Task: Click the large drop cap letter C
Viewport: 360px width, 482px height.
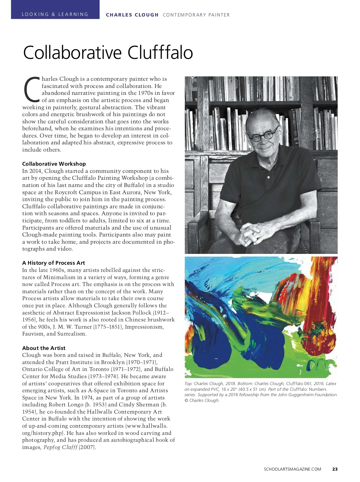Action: tap(31, 89)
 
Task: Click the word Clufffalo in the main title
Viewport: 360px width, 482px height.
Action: tap(160, 53)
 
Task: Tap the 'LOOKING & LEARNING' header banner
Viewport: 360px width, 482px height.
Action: tap(55, 14)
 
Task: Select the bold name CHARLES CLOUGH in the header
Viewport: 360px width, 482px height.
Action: tap(132, 15)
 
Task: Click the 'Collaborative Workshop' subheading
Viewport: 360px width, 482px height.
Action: tap(54, 164)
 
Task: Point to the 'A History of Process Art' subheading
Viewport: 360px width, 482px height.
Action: tap(53, 263)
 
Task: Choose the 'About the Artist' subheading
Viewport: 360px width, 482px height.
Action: tap(44, 348)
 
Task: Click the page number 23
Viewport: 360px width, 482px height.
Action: tap(335, 469)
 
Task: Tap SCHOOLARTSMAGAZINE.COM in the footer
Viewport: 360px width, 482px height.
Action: tap(292, 469)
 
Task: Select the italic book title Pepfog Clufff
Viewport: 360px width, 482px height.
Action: tap(60, 447)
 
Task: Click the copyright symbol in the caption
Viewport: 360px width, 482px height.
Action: tap(186, 400)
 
